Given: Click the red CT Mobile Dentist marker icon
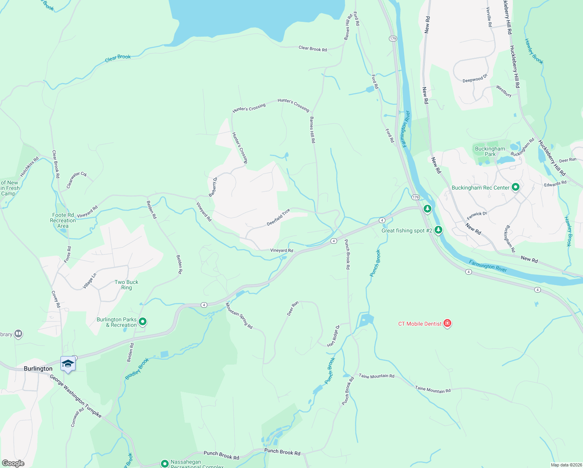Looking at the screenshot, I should pos(447,323).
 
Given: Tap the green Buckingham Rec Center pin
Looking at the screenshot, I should pos(516,187).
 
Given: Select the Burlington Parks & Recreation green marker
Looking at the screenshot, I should pos(143,322).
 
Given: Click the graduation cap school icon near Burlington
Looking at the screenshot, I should pos(68,363).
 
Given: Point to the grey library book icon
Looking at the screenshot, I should pos(18,334).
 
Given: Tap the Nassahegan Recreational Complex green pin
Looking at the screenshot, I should pos(164,463).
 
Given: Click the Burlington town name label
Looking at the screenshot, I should pos(38,369).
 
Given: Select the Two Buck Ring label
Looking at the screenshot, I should pos(126,285).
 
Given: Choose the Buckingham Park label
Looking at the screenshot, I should pos(490,151).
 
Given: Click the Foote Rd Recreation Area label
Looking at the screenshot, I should pos(63,220).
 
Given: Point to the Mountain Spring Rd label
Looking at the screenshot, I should pos(239,316).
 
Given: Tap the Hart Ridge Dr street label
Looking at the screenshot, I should pos(334,335).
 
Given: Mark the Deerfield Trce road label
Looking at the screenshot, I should pos(278,218).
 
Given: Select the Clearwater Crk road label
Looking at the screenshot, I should pos(77,180).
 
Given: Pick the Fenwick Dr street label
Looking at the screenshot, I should pos(477,215).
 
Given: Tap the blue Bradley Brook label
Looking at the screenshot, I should pos(137,369).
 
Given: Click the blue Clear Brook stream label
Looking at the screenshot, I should pos(118,58).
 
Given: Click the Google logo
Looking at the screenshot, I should pos(13,463).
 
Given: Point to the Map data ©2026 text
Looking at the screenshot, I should pos(566,465).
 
